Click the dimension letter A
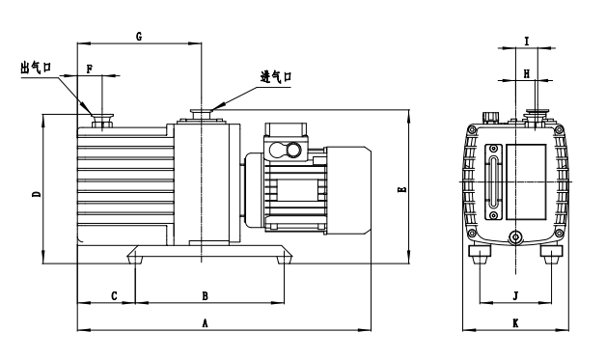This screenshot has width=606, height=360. coord(205,322)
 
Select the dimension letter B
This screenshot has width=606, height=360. coord(205,295)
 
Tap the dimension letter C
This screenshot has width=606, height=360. coord(114,295)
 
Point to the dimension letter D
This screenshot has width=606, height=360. coord(37,194)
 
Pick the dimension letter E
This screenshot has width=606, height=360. coord(402,189)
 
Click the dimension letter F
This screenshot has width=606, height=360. coord(90,69)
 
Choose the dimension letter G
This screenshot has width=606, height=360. coord(139,37)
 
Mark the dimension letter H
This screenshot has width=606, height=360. coord(526,74)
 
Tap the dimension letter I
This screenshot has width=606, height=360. coord(526,41)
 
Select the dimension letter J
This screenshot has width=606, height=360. coord(515,295)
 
